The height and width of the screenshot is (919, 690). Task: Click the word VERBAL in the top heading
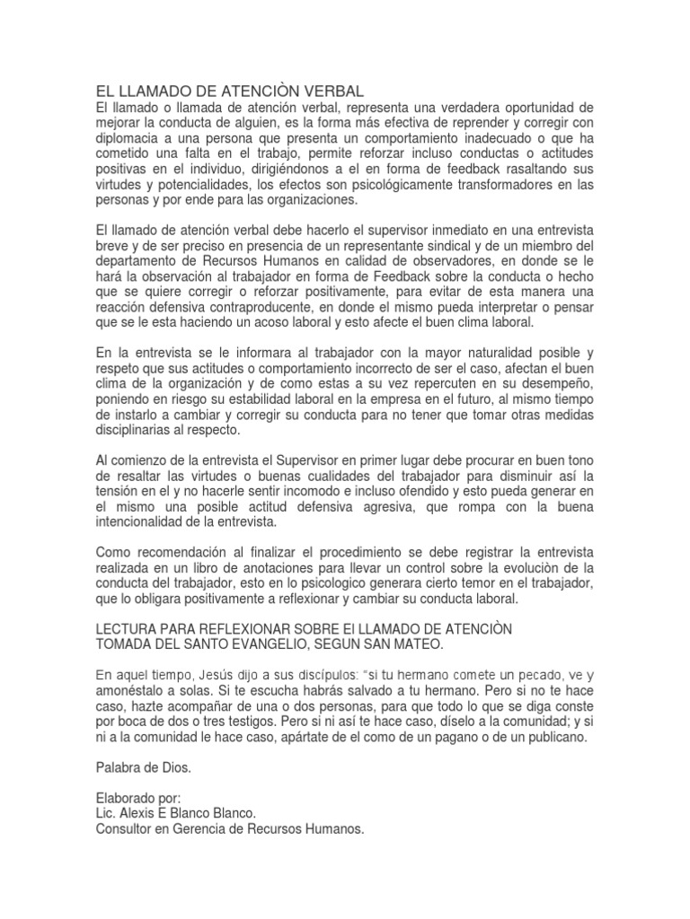328,92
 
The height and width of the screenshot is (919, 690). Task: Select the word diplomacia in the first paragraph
131,139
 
